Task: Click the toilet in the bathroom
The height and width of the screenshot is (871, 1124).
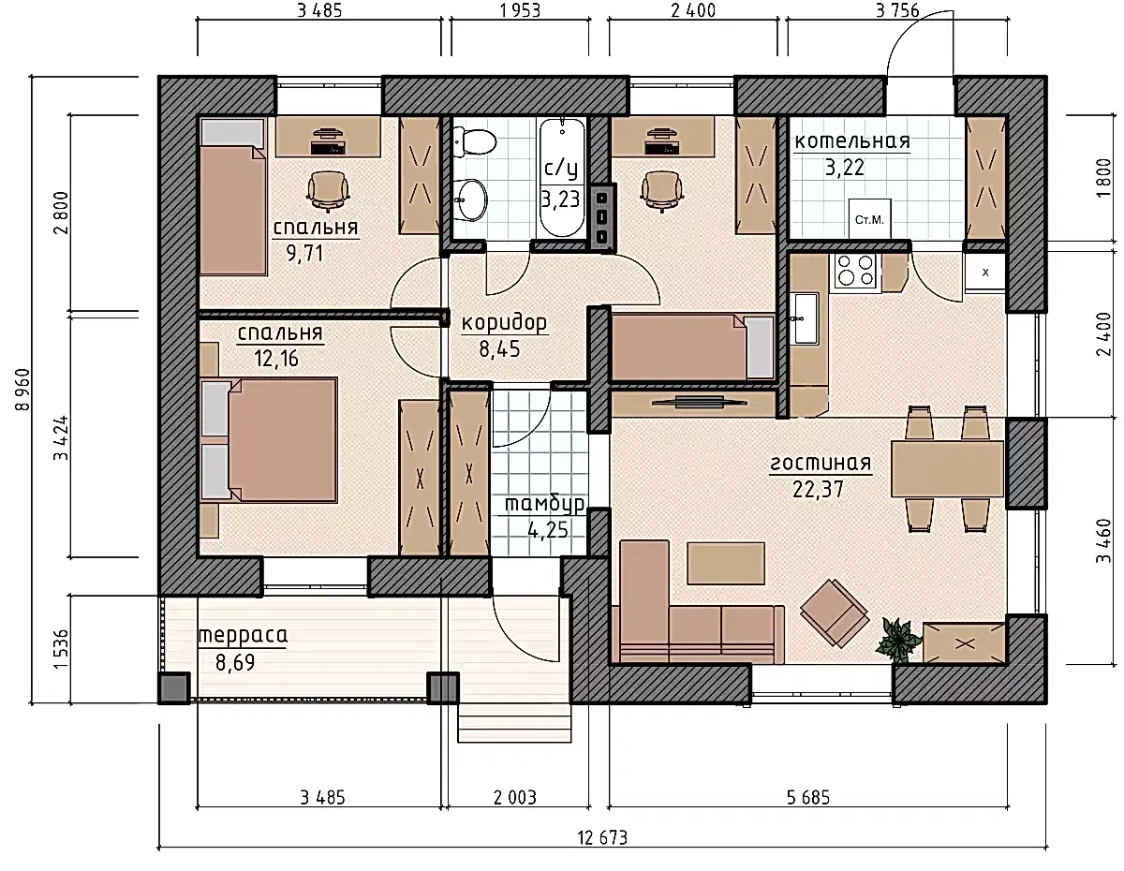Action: click(474, 140)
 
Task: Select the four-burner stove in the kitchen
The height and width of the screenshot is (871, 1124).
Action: click(855, 271)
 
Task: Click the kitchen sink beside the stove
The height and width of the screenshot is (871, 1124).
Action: click(806, 318)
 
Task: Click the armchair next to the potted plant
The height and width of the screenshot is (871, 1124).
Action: click(835, 613)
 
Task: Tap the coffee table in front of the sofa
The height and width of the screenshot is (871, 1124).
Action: click(726, 563)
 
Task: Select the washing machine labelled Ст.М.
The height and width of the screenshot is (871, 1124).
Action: click(869, 219)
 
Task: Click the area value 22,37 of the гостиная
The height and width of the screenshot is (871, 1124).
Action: click(818, 489)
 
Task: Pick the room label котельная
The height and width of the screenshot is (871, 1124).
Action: click(852, 140)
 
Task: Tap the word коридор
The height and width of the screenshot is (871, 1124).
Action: click(504, 323)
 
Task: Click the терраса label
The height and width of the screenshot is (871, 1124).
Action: click(243, 636)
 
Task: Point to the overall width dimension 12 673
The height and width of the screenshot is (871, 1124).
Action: click(602, 837)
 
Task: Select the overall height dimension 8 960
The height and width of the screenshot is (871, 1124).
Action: click(23, 389)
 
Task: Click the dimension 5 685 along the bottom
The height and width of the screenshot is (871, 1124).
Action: click(808, 797)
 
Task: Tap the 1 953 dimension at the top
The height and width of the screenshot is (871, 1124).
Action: click(520, 10)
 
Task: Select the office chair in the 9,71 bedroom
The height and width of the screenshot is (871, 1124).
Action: click(328, 191)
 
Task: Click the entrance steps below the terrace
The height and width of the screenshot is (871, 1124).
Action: click(514, 723)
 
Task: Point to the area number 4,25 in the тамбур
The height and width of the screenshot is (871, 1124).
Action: click(547, 530)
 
